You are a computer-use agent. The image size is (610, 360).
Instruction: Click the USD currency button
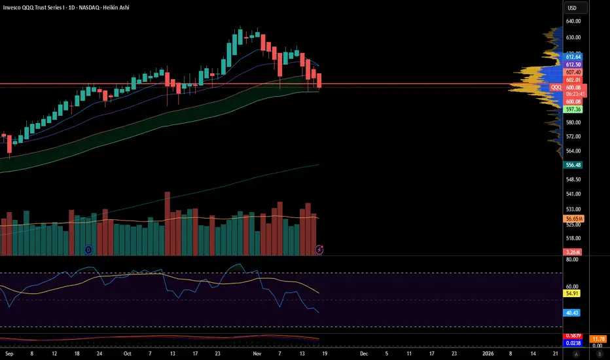pos(573,8)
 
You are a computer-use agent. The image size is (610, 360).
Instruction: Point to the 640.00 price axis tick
pos(573,21)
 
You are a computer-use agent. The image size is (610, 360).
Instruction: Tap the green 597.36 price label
pos(573,109)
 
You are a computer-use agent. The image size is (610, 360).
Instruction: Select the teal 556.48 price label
pos(573,166)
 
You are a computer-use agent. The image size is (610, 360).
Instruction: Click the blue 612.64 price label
pos(573,58)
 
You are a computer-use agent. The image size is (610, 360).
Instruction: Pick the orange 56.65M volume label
pos(573,218)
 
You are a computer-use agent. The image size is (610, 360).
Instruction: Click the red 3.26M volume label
pos(573,252)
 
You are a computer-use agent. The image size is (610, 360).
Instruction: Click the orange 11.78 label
pos(597,338)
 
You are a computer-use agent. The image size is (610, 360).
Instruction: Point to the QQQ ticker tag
pos(556,87)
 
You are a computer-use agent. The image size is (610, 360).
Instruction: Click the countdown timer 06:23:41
pos(573,94)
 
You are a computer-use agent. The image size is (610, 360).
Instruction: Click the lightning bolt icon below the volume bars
pos(319,249)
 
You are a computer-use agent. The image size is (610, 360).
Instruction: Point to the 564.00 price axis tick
pos(573,151)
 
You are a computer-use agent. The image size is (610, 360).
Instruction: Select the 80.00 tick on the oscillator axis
pos(573,260)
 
